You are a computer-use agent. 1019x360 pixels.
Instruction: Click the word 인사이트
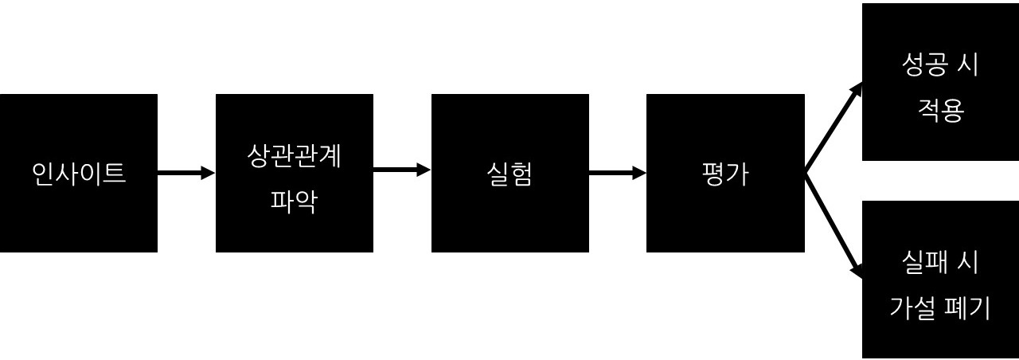pyautogui.click(x=79, y=174)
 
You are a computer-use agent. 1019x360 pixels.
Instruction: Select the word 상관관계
pyautogui.click(x=295, y=156)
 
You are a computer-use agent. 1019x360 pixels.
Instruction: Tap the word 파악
pyautogui.click(x=295, y=201)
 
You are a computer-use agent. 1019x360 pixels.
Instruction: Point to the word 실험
pyautogui.click(x=509, y=174)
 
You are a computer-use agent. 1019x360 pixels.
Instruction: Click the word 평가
pyautogui.click(x=725, y=174)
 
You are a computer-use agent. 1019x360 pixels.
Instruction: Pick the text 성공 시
pyautogui.click(x=940, y=65)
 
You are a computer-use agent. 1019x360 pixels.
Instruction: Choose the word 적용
pyautogui.click(x=940, y=110)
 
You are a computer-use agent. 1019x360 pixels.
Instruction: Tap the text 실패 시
pyautogui.click(x=940, y=262)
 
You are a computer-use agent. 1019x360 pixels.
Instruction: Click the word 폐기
pyautogui.click(x=966, y=307)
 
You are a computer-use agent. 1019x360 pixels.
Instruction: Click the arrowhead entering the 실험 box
pyautogui.click(x=424, y=170)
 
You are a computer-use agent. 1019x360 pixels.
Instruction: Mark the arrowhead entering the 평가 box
pyautogui.click(x=639, y=173)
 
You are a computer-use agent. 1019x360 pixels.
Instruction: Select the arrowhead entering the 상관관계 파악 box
pyautogui.click(x=209, y=173)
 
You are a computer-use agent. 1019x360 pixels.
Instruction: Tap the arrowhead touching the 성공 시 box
pyautogui.click(x=856, y=88)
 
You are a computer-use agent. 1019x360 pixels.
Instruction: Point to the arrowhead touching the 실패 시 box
pyautogui.click(x=857, y=271)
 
